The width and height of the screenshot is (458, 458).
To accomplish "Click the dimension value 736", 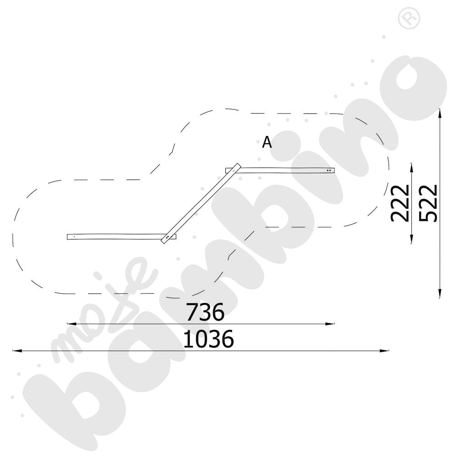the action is [x=205, y=311].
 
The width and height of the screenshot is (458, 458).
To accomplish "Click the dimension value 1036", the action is [x=208, y=338].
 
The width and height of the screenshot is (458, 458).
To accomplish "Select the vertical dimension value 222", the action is [x=399, y=203].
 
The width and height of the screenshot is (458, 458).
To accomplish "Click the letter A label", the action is [x=267, y=142].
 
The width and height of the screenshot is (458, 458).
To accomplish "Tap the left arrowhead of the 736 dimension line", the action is [x=71, y=324].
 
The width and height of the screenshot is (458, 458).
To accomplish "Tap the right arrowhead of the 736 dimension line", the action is [x=330, y=324].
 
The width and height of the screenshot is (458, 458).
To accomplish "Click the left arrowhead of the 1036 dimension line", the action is [x=17, y=350].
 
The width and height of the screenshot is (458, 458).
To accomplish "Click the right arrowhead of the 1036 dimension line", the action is [x=384, y=350].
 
